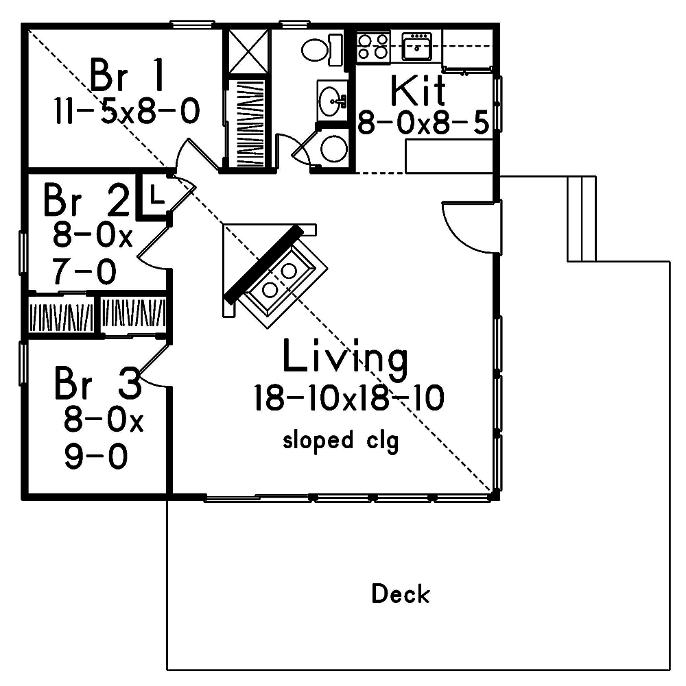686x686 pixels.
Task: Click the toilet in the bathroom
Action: click(x=317, y=49)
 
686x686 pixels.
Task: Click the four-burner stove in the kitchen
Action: click(x=373, y=47)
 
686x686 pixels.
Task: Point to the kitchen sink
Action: click(x=416, y=47)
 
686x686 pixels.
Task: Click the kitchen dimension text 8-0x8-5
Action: click(x=424, y=123)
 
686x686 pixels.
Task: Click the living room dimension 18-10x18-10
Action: click(x=348, y=398)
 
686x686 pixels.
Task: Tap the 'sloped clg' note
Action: click(x=341, y=440)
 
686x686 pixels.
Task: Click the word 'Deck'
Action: click(x=401, y=594)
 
